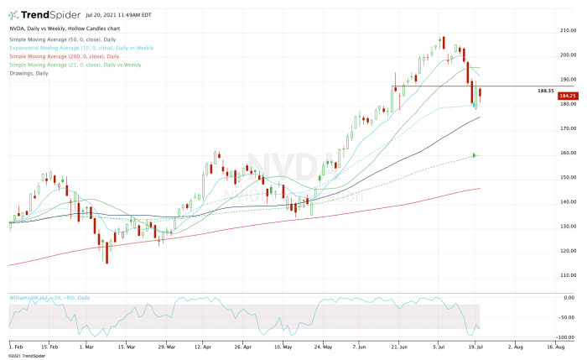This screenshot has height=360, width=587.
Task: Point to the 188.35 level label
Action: pyautogui.click(x=545, y=90)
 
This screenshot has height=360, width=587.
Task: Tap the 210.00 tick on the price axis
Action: pyautogui.click(x=567, y=31)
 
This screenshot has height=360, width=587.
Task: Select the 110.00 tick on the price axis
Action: pyautogui.click(x=567, y=275)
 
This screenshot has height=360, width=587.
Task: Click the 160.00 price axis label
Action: pyautogui.click(x=567, y=153)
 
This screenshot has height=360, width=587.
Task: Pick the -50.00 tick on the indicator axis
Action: pyautogui.click(x=566, y=317)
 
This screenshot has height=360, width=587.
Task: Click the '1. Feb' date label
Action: pyautogui.click(x=16, y=346)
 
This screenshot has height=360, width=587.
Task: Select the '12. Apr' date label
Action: pyautogui.click(x=201, y=346)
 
